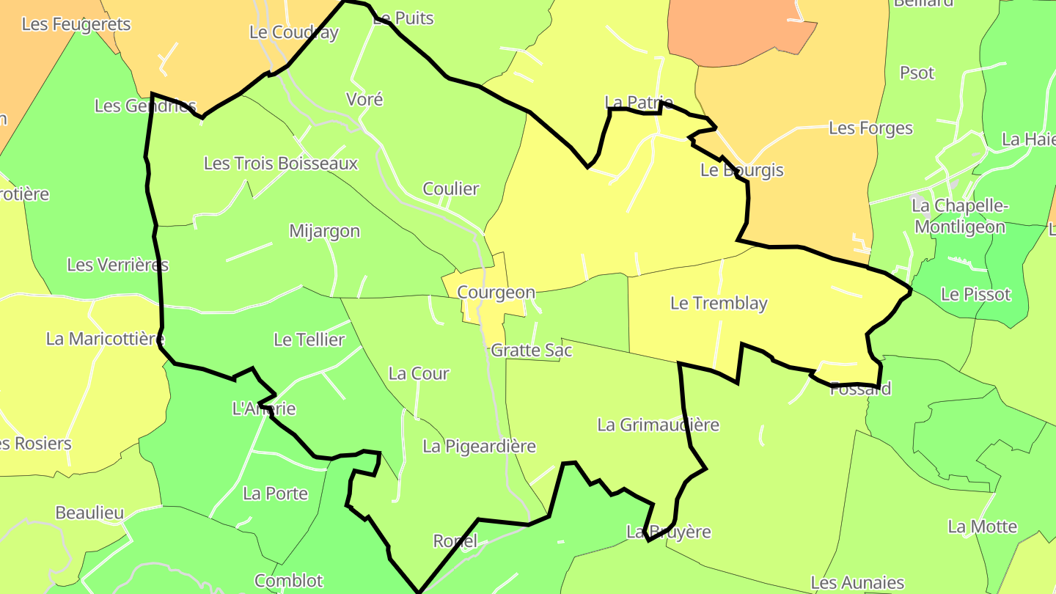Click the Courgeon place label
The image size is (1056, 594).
[496, 293]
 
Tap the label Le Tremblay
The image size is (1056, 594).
[719, 304]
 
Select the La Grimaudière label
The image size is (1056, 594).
[658, 425]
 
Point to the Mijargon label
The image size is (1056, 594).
[324, 231]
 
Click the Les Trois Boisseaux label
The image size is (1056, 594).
[280, 163]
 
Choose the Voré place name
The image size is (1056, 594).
[364, 99]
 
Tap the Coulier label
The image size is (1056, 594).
[451, 188]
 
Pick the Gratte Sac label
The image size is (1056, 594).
[532, 351]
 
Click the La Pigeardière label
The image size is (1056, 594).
[479, 446]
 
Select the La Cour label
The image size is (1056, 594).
[419, 373]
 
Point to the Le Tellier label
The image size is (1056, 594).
[309, 340]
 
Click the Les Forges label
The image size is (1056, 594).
[870, 128]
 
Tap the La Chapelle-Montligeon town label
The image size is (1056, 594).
[959, 216]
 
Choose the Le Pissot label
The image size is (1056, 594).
[975, 294]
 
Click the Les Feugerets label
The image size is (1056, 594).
[76, 24]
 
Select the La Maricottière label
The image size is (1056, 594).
[105, 339]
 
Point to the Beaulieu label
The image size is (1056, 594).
[89, 513]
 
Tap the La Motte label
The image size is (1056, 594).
[982, 527]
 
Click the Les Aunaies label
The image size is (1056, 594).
[857, 583]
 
